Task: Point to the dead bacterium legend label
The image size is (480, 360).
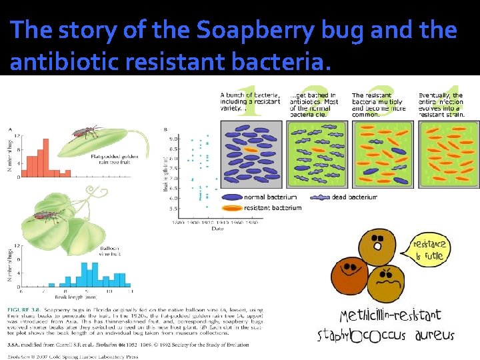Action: click(355, 197)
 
